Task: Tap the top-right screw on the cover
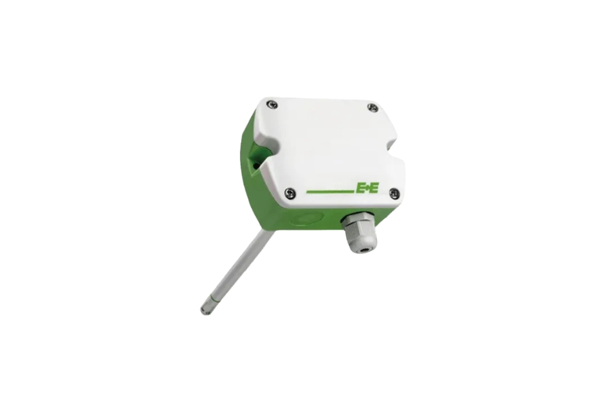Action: coord(374,107)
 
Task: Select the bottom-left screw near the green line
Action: coord(291,193)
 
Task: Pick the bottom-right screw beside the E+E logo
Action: coord(395,193)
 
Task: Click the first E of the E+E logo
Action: coord(360,188)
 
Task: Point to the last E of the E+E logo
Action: coord(373,188)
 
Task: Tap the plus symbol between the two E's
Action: coord(366,188)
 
